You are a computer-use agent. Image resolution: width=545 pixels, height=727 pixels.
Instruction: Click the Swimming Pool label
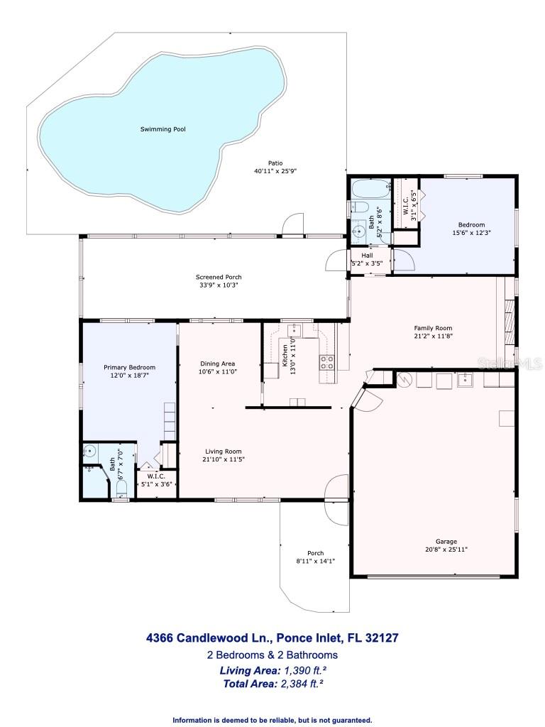[158, 129]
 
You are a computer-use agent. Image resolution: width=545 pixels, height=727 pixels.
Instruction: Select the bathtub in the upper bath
[370, 190]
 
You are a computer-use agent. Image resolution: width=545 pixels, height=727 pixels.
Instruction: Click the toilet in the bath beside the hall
[360, 208]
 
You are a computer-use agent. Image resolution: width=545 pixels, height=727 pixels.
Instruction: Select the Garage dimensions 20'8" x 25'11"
[446, 549]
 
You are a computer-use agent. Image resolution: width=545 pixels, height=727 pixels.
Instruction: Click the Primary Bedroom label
[129, 367]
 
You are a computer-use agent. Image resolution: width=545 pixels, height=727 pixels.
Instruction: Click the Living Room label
[224, 451]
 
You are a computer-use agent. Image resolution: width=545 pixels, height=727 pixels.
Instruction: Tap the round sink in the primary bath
[90, 450]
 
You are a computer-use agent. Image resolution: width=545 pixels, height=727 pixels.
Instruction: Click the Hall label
[367, 256]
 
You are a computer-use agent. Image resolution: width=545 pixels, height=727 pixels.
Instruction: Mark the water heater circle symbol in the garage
[402, 379]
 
